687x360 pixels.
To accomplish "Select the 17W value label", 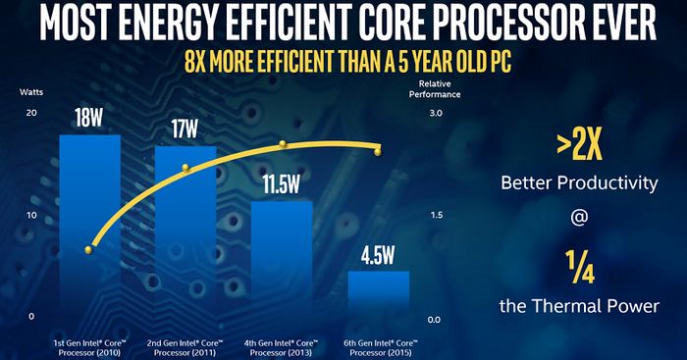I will click(185, 129).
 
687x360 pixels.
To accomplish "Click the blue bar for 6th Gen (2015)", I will click(378, 298).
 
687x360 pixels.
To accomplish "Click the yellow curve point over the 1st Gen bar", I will click(89, 250).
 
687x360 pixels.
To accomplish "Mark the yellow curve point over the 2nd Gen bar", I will click(184, 168).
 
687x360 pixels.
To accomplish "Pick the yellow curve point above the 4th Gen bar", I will click(283, 143).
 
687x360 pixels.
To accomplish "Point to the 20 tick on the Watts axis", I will click(31, 114).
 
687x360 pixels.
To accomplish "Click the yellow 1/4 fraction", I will click(578, 267).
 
